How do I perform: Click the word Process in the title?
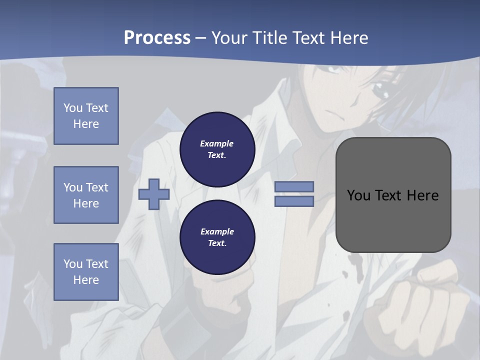pyautogui.click(x=157, y=37)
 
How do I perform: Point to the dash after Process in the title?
pyautogui.click(x=201, y=38)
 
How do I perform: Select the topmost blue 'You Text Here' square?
pyautogui.click(x=86, y=116)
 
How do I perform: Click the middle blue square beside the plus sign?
pyautogui.click(x=86, y=195)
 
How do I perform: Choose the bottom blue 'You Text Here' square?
pyautogui.click(x=86, y=272)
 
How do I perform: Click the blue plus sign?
pyautogui.click(x=153, y=194)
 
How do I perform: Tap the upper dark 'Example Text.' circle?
pyautogui.click(x=217, y=149)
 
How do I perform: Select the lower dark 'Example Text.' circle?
pyautogui.click(x=217, y=237)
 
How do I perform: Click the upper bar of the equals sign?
pyautogui.click(x=294, y=186)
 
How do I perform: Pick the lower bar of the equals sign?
pyautogui.click(x=294, y=201)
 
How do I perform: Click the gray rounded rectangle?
pyautogui.click(x=393, y=215)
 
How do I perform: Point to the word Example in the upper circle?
pyautogui.click(x=216, y=143)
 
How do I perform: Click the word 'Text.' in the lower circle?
pyautogui.click(x=217, y=243)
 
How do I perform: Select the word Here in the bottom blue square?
pyautogui.click(x=86, y=280)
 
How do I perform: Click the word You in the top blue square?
pyautogui.click(x=72, y=108)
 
